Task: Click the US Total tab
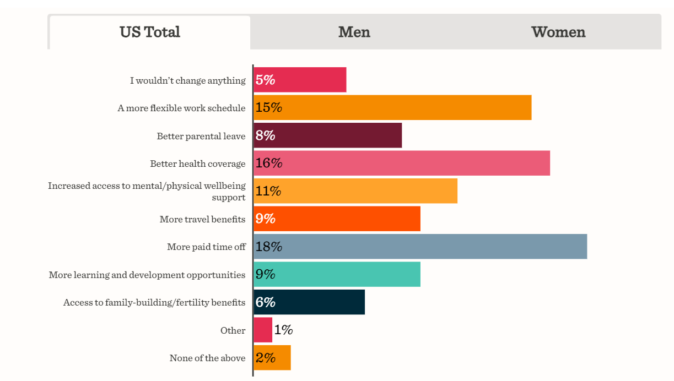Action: click(150, 32)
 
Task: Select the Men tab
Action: click(354, 32)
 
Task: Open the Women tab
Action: click(558, 32)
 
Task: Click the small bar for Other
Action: click(263, 330)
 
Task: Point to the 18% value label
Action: click(268, 247)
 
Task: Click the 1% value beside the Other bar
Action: click(283, 330)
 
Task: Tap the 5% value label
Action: click(265, 80)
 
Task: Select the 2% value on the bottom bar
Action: click(265, 358)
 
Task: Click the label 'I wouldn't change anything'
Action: click(187, 81)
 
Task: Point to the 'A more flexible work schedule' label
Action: click(181, 108)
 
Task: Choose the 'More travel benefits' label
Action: click(202, 219)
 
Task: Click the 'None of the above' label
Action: click(207, 358)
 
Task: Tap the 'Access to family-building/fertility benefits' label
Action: click(154, 302)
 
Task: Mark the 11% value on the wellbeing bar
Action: click(268, 191)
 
